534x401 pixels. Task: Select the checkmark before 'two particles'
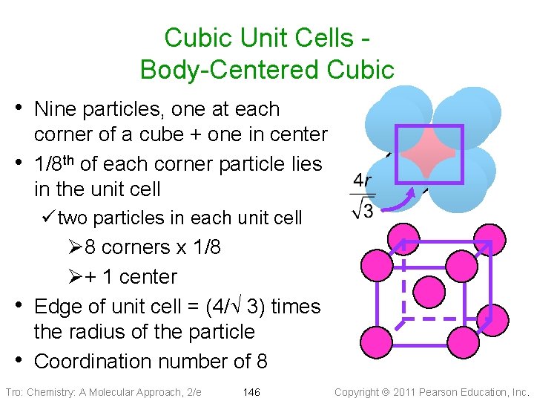coord(49,218)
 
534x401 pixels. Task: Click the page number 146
coord(251,392)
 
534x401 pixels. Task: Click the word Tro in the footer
coord(13,392)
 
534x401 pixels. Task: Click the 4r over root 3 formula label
coord(363,195)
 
